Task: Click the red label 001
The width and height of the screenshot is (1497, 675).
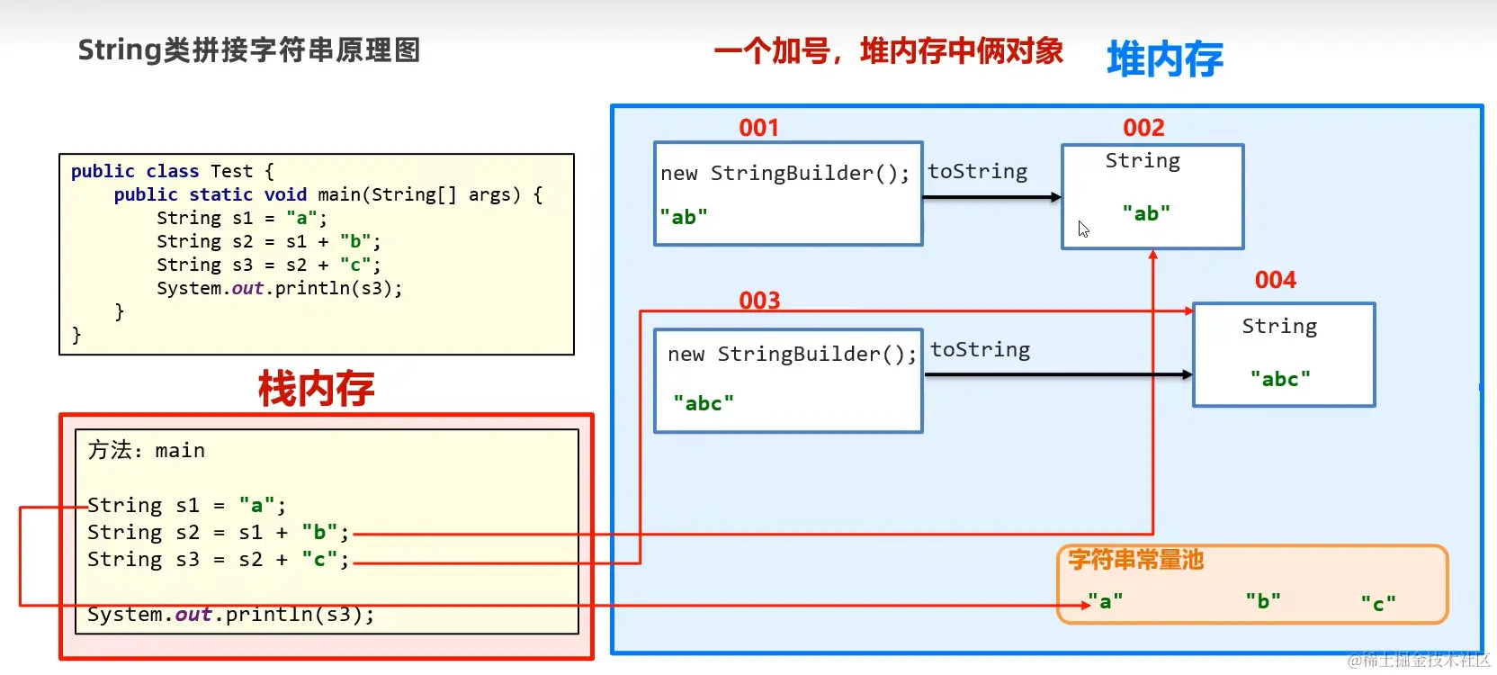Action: pyautogui.click(x=758, y=128)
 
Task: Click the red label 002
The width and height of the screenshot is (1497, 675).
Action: pyautogui.click(x=1143, y=128)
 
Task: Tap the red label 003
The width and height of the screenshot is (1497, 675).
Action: pyautogui.click(x=759, y=301)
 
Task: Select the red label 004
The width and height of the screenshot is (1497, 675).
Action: pyautogui.click(x=1275, y=280)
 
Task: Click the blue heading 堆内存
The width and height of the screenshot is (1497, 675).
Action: pyautogui.click(x=1164, y=59)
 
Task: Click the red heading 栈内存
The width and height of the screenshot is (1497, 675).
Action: pyautogui.click(x=316, y=389)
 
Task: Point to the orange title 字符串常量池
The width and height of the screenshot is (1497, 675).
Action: pyautogui.click(x=1135, y=561)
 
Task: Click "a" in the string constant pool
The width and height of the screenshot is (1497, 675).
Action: pyautogui.click(x=1105, y=601)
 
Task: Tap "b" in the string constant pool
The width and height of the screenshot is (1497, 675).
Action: pyautogui.click(x=1262, y=601)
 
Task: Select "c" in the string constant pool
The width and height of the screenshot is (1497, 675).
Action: pyautogui.click(x=1377, y=603)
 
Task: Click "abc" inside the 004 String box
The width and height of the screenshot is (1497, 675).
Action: pyautogui.click(x=1280, y=379)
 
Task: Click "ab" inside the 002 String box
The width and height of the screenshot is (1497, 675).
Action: pyautogui.click(x=1146, y=213)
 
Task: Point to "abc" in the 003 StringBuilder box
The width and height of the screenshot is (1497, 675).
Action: pyautogui.click(x=704, y=403)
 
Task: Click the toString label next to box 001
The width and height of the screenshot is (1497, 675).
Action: pyautogui.click(x=977, y=172)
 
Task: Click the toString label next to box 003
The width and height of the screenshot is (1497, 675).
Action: pyautogui.click(x=980, y=350)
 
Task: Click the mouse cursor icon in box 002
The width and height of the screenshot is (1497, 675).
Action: pyautogui.click(x=1083, y=229)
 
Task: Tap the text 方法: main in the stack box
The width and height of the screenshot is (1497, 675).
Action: pyautogui.click(x=147, y=450)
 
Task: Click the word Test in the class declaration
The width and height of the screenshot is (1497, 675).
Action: pyautogui.click(x=231, y=171)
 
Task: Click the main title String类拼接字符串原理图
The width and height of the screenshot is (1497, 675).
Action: pyautogui.click(x=249, y=50)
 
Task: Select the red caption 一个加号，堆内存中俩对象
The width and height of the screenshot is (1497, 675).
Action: pyautogui.click(x=888, y=51)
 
